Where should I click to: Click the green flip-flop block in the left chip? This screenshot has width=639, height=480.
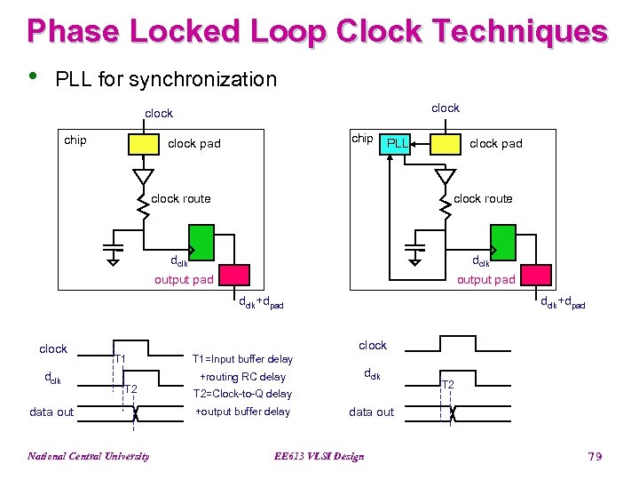pyautogui.click(x=201, y=240)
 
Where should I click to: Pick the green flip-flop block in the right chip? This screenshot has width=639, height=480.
pyautogui.click(x=503, y=240)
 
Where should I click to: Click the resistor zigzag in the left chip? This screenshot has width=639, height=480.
pyautogui.click(x=142, y=204)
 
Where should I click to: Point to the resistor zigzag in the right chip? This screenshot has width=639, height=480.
pyautogui.click(x=444, y=204)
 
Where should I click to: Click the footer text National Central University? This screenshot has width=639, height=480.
pyautogui.click(x=88, y=457)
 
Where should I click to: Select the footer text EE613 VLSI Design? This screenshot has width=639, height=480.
pyautogui.click(x=320, y=457)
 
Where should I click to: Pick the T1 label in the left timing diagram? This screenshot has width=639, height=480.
pyautogui.click(x=122, y=359)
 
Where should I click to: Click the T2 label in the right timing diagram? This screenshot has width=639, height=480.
pyautogui.click(x=448, y=384)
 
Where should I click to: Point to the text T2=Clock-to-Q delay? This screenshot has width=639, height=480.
pyautogui.click(x=241, y=394)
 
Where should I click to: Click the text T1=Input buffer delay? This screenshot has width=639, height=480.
pyautogui.click(x=242, y=359)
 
